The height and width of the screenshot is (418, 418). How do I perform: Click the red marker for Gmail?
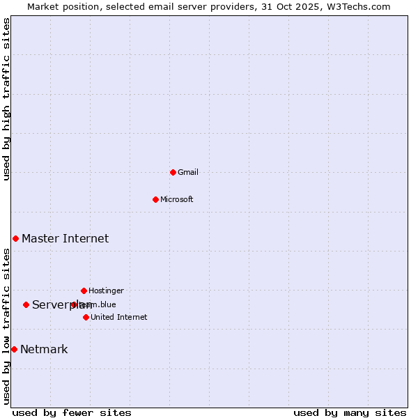click(x=173, y=172)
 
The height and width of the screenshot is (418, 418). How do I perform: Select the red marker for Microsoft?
click(x=156, y=199)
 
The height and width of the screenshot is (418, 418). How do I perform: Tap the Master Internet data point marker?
click(x=15, y=238)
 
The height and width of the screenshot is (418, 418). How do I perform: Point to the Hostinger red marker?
click(x=84, y=291)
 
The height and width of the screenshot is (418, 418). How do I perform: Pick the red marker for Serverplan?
click(x=26, y=304)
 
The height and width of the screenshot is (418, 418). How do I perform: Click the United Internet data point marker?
click(x=86, y=317)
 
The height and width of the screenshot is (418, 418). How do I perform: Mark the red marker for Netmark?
click(x=14, y=349)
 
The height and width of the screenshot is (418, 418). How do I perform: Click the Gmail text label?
click(x=188, y=173)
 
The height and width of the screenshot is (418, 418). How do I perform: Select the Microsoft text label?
click(x=177, y=200)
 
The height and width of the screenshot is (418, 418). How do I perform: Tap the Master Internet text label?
click(x=65, y=239)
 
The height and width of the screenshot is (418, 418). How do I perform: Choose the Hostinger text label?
click(x=106, y=291)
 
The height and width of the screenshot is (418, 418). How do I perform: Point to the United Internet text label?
click(x=118, y=318)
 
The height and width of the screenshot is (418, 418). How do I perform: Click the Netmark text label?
click(x=44, y=350)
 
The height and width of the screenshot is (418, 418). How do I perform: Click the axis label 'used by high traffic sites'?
click(x=7, y=99)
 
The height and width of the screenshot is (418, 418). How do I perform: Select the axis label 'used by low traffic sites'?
click(x=7, y=326)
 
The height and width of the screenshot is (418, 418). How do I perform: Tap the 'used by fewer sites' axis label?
click(x=72, y=413)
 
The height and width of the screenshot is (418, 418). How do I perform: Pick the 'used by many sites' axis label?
click(x=350, y=413)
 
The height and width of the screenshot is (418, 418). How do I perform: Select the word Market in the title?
click(x=43, y=6)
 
